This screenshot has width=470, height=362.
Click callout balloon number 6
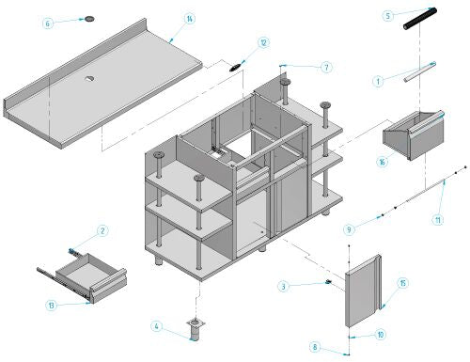tap(48, 24)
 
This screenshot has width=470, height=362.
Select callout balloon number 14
tap(190, 19)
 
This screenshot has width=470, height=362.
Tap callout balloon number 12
tap(263, 42)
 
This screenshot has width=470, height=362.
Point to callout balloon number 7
tap(326, 68)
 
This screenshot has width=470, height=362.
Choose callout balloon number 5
tap(388, 16)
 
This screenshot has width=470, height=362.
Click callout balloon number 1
tap(378, 82)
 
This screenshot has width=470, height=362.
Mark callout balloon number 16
tap(383, 162)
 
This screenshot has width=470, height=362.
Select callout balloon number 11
tap(438, 220)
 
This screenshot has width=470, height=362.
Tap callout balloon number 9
tap(350, 229)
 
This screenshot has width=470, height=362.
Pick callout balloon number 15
tap(403, 283)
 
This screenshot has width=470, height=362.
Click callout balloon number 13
tap(51, 305)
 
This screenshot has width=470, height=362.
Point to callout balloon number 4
tap(157, 326)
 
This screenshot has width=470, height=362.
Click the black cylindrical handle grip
tap(420, 19)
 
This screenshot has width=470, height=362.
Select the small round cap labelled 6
tap(89, 19)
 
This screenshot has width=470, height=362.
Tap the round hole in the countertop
tap(90, 78)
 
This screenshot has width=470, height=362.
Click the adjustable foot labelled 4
tap(196, 329)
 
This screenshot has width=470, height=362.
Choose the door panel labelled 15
tap(364, 291)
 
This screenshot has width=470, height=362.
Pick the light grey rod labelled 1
tap(420, 71)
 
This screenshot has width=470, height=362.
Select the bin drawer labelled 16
tap(414, 135)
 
